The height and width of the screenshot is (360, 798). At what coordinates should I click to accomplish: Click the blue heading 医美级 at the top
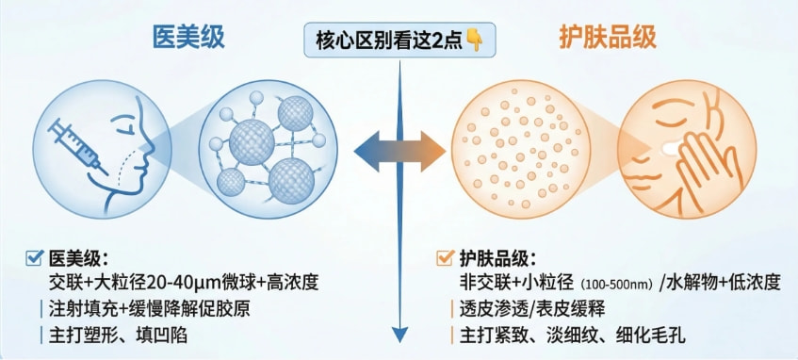[x=188, y=37]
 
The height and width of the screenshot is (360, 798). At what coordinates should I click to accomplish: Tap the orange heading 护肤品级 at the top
[x=608, y=37]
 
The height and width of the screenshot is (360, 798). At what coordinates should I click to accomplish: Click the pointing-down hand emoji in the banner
[x=474, y=41]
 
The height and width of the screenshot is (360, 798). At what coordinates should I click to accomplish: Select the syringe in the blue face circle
[x=77, y=146]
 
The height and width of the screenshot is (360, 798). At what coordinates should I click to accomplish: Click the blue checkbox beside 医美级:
[x=34, y=258]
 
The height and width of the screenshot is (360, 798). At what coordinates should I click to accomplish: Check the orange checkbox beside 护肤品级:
[x=445, y=258]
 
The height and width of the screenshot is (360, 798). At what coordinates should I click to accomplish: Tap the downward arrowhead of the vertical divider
[x=400, y=335]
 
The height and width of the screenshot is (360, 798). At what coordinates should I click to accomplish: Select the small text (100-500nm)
[x=616, y=284]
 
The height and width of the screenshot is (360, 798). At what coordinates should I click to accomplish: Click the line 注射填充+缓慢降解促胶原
[x=149, y=308]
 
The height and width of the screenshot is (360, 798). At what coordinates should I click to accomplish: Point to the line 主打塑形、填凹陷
[x=118, y=335]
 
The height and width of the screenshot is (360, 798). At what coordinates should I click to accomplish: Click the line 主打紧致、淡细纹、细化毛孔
[x=573, y=335]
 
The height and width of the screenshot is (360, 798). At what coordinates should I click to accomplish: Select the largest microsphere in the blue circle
[x=252, y=141]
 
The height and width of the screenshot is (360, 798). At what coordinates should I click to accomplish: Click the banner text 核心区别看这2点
[x=389, y=41]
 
